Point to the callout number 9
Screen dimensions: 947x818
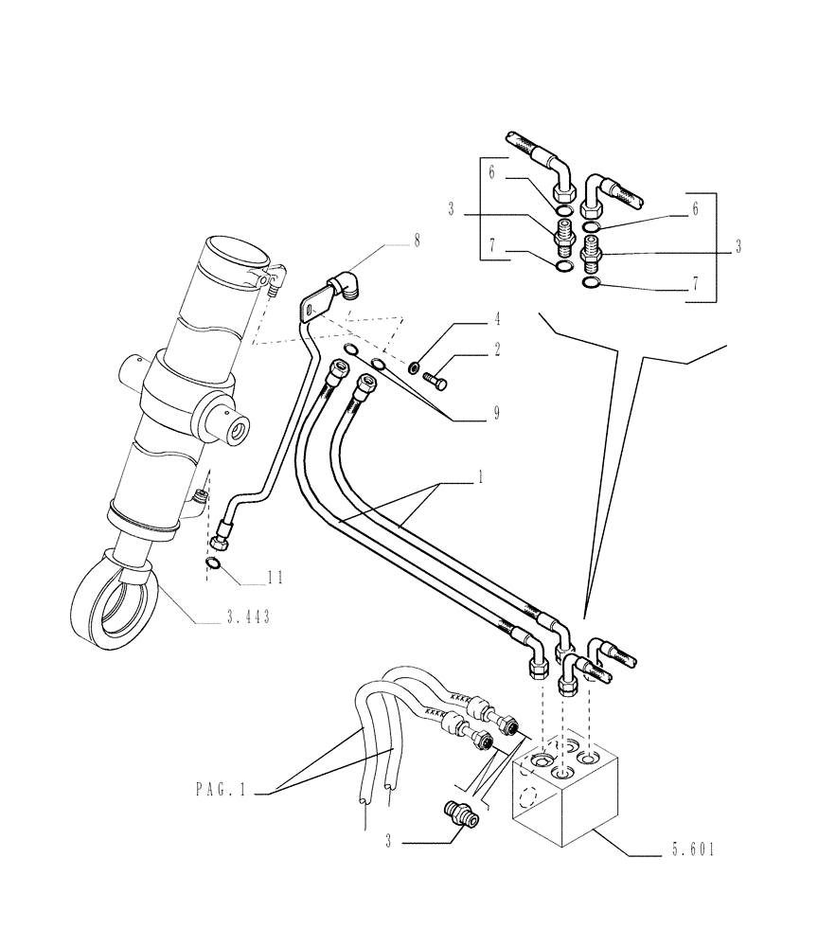tap(496, 413)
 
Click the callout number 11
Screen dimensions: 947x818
tap(276, 577)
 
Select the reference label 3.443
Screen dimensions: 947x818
tap(249, 618)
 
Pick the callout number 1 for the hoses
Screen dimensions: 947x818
tap(480, 480)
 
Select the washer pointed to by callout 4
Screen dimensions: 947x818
tap(414, 367)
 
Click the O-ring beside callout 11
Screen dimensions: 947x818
tap(215, 565)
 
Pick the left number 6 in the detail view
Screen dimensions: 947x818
tap(491, 172)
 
